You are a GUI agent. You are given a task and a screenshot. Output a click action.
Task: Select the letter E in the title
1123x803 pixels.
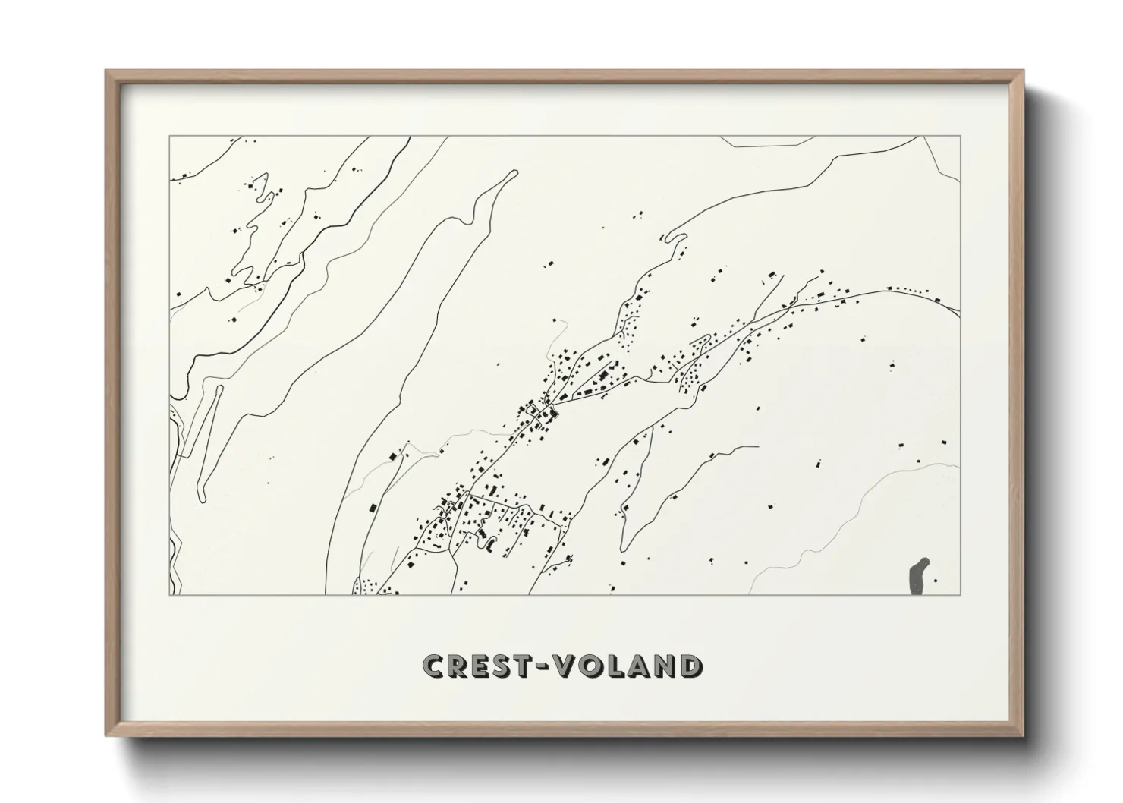tap(481, 666)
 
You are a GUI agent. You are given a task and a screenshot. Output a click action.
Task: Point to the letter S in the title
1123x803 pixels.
tap(503, 666)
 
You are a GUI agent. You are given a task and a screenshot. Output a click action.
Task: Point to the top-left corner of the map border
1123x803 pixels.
tap(169, 137)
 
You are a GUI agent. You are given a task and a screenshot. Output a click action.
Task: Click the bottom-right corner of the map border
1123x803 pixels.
tap(961, 594)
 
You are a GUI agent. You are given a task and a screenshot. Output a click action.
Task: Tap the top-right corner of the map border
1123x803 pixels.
tap(961, 137)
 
